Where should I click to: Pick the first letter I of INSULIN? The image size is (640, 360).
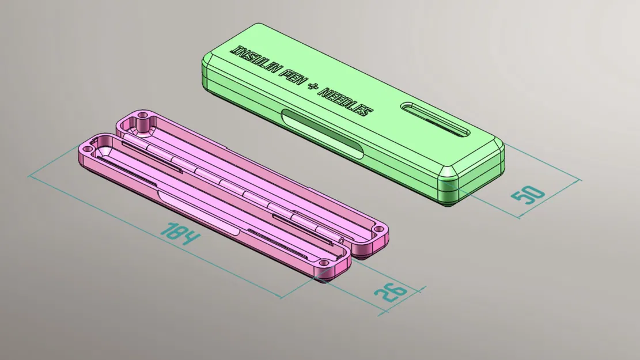pyautogui.click(x=233, y=50)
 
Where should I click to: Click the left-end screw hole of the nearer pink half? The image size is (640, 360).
pyautogui.click(x=86, y=148)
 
